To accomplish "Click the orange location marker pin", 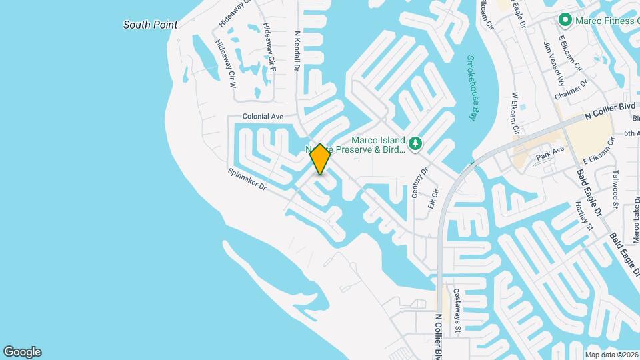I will tap(321, 159).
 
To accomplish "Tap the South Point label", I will tap(151, 25).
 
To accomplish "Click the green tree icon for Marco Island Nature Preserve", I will tap(415, 143).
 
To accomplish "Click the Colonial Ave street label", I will tap(263, 116).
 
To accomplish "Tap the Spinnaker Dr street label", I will tap(247, 180).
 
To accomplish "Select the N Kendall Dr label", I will tap(298, 49).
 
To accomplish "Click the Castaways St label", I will tap(457, 310).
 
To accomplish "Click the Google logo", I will tap(22, 352).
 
